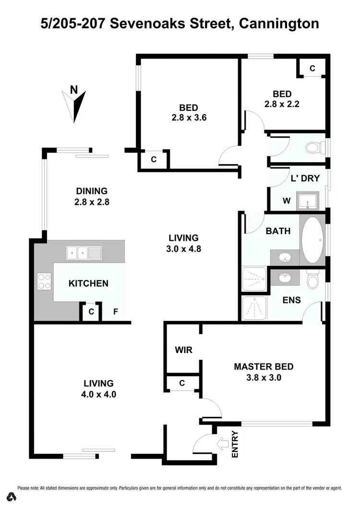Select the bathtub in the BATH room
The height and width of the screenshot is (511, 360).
click(x=312, y=240)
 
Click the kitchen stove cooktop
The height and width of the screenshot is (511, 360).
click(x=44, y=281)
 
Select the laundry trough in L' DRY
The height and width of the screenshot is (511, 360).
click(x=307, y=201)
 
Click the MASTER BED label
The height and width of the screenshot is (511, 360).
click(x=264, y=367)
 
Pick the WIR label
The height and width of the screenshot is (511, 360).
click(x=183, y=350)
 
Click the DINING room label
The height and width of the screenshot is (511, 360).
click(x=91, y=191)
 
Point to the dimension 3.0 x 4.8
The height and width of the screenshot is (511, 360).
click(x=183, y=249)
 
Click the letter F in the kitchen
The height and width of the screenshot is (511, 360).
click(x=115, y=312)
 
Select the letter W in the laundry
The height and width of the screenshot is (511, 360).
click(x=286, y=201)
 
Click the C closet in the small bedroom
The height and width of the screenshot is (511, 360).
click(x=312, y=68)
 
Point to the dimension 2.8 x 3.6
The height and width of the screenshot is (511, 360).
click(x=188, y=118)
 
